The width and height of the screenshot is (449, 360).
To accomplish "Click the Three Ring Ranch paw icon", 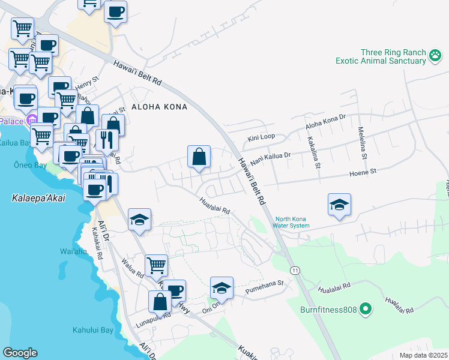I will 435,56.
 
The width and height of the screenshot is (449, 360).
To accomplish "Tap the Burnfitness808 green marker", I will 366,310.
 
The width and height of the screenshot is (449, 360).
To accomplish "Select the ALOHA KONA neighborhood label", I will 156,107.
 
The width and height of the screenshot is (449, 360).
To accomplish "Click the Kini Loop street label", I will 262,137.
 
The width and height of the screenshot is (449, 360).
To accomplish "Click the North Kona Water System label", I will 292,222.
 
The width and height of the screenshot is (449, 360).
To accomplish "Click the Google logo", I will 20,353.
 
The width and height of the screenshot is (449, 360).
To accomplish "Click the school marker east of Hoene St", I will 339,205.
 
